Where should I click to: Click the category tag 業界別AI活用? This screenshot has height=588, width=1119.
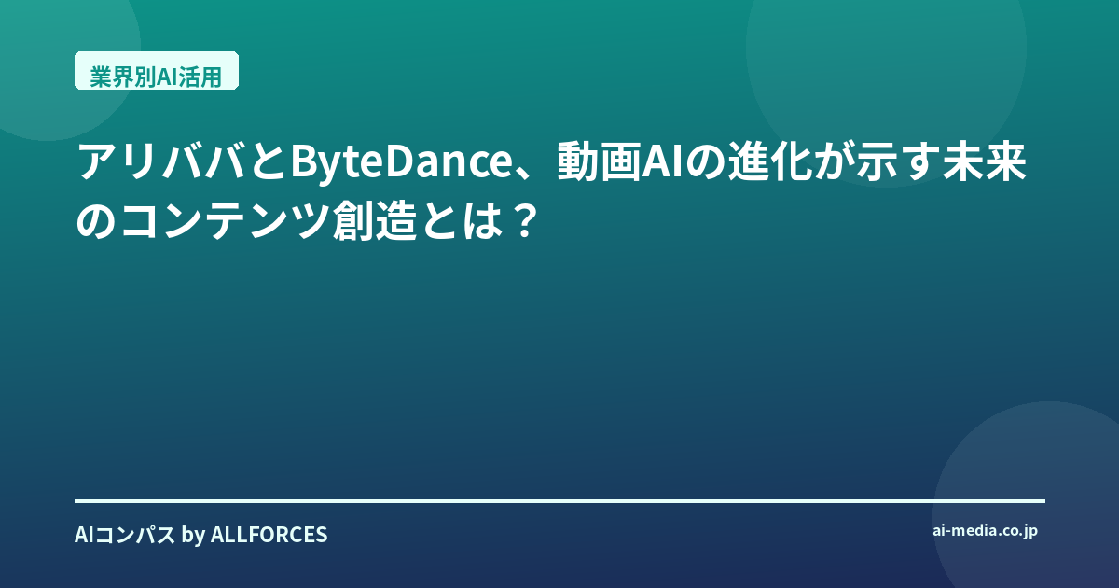(x=157, y=71)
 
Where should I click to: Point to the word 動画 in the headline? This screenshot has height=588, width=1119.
(x=599, y=161)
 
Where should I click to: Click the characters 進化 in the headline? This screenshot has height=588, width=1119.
(x=770, y=161)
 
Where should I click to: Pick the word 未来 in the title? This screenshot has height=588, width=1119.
(x=984, y=161)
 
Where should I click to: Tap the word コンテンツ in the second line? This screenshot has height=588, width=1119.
(x=226, y=220)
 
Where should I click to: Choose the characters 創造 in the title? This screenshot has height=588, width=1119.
(x=375, y=220)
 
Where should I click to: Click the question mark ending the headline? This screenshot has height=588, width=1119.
(x=524, y=220)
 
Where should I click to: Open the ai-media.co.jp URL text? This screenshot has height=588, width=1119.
(x=985, y=531)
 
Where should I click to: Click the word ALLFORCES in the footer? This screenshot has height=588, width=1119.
(x=269, y=535)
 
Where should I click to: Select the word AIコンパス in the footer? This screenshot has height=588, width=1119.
(x=125, y=535)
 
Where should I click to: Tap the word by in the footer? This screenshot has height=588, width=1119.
(x=193, y=535)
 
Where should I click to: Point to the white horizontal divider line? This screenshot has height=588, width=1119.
(x=560, y=500)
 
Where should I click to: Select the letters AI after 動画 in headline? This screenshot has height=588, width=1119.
(x=662, y=161)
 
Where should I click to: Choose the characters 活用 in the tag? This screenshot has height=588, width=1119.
(x=200, y=77)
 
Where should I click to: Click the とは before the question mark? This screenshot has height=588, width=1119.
(x=461, y=220)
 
